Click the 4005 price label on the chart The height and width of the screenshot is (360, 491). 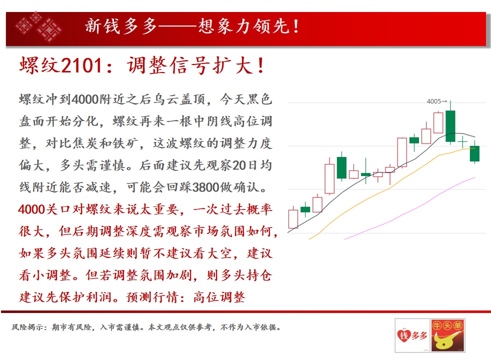434,101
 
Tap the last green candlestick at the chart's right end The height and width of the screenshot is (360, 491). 474,153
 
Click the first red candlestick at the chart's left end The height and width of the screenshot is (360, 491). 293,218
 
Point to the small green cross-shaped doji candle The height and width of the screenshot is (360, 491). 462,142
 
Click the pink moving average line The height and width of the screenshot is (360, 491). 409,208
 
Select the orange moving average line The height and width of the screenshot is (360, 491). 391,188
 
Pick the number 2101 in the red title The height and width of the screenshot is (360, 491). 81,65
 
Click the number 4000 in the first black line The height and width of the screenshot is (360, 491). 85,99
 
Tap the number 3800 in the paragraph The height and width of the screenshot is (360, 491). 205,187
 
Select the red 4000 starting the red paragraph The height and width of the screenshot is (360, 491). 31,209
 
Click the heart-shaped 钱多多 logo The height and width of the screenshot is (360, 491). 412,335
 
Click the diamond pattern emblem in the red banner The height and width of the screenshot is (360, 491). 39,26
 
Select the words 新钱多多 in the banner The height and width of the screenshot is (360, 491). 121,26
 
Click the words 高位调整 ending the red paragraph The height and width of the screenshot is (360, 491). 219,297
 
